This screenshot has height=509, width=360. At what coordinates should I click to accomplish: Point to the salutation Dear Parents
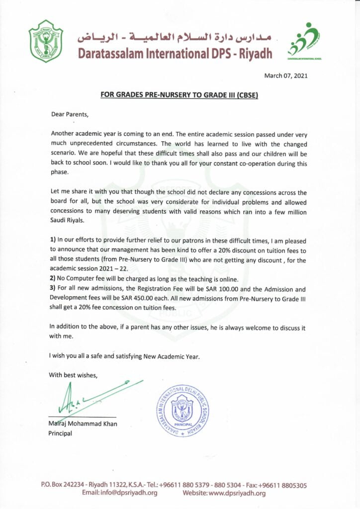pos(70,114)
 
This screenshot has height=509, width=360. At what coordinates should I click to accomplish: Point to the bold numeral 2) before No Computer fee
pos(54,280)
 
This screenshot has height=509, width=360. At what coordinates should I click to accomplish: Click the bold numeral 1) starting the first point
pos(54,241)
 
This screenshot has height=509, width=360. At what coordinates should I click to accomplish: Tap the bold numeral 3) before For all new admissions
pos(54,289)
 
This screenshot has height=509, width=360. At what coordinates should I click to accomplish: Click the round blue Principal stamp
pos(182,411)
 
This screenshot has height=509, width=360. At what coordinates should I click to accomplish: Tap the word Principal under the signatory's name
pos(60,433)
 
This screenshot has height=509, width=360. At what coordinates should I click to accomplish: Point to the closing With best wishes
pos(73,375)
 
